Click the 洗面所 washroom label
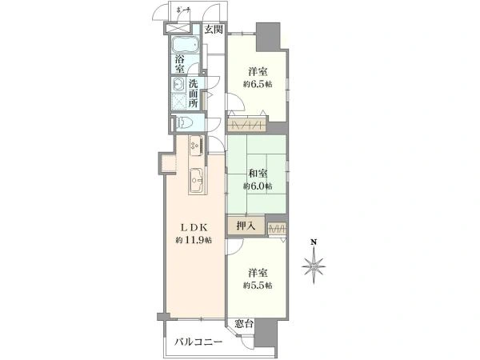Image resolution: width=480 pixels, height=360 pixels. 194,94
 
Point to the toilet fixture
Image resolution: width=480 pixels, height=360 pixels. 185,123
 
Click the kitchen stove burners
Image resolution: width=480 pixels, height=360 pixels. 195,147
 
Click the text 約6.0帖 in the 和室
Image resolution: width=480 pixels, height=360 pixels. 258,186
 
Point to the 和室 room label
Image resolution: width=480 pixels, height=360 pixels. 258,173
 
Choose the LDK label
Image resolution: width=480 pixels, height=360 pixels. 194,226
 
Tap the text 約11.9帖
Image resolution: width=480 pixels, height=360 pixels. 194,240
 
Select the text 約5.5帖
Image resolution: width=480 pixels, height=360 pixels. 258,286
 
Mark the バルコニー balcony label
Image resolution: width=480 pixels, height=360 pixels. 200,342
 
